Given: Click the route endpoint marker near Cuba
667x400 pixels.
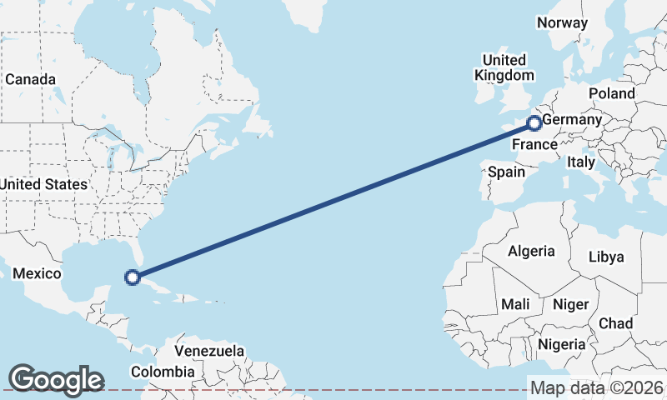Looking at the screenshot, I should [132, 277].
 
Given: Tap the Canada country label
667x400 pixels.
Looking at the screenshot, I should [30, 79].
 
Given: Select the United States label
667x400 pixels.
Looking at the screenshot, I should [43, 183].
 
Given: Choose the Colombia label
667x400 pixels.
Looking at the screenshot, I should [167, 372].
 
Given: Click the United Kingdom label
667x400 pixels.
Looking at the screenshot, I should [504, 67].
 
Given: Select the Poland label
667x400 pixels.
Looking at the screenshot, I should [611, 93].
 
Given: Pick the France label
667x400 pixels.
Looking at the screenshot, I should [534, 145].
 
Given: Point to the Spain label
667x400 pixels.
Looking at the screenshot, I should [506, 172].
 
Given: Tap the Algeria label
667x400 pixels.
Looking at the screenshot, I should [531, 251].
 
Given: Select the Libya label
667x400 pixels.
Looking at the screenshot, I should [606, 257].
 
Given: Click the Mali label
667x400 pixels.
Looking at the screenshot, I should [515, 304].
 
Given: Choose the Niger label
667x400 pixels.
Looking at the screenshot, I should [570, 304].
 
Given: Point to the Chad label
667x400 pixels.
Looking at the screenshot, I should [615, 322].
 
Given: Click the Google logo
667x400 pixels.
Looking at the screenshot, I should [56, 380].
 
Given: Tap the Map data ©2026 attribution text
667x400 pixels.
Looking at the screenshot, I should [597, 387].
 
